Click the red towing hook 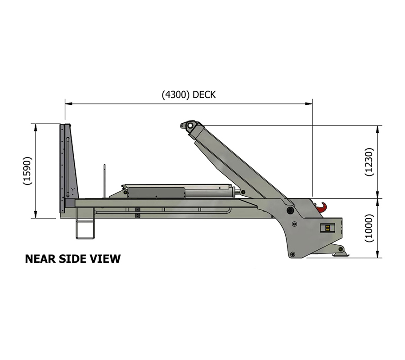point(323,207)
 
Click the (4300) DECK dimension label point(189,95)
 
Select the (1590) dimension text point(27,171)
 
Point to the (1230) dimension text point(369,162)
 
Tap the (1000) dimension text point(369,228)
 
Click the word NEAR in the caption point(38,259)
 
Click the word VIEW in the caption point(108,259)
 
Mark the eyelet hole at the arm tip point(189,125)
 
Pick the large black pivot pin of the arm point(290,210)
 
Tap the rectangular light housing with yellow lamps point(328,228)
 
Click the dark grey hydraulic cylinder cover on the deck point(155,192)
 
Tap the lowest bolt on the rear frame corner point(293,255)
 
